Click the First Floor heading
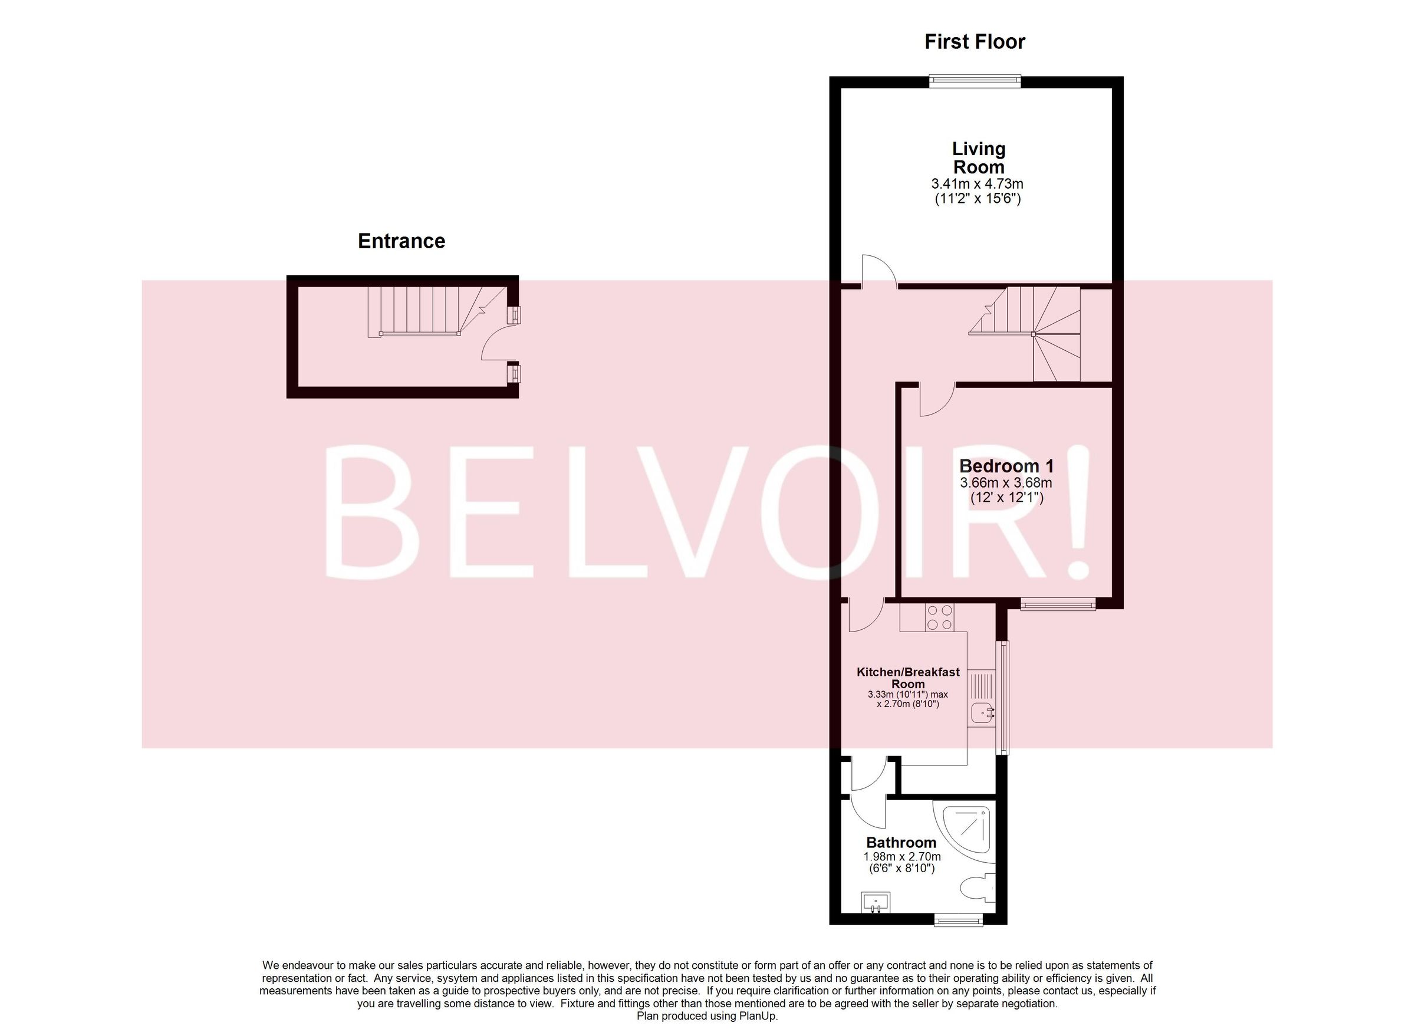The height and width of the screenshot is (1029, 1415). [x=975, y=42]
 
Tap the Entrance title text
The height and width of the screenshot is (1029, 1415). [x=401, y=242]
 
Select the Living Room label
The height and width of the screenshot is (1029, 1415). [x=978, y=158]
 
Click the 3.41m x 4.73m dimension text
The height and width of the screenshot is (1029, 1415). [x=977, y=184]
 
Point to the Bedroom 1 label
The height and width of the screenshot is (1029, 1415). [x=1006, y=466]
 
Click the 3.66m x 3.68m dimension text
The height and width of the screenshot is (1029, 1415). [x=1006, y=483]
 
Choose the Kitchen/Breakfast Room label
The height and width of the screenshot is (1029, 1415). [x=908, y=678]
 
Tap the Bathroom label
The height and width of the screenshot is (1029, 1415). [x=901, y=843]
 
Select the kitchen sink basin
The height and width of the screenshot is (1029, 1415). [x=983, y=711]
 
